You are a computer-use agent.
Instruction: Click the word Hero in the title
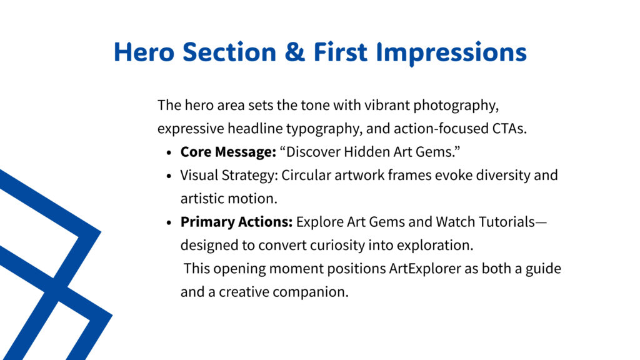144,52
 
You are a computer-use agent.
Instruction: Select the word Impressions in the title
451,53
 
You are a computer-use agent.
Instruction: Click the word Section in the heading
229,52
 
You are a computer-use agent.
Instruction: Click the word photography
456,106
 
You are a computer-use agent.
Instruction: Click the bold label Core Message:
229,152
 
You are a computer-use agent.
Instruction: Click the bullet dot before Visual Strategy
169,176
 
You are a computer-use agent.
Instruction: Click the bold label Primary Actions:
237,222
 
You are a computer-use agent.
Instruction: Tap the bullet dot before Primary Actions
169,222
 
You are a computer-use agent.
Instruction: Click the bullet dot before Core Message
169,152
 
